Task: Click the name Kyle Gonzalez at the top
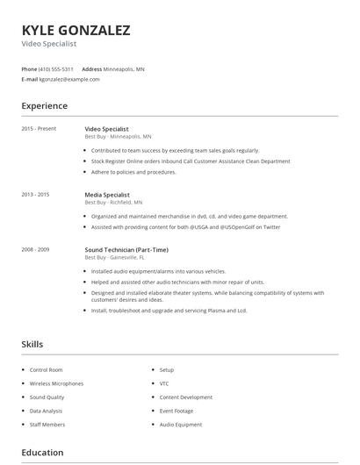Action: [x=76, y=31]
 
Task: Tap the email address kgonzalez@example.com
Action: [x=69, y=79]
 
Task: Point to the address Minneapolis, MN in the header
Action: [x=125, y=68]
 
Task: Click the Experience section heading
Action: [x=44, y=106]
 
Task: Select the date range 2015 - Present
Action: [x=39, y=129]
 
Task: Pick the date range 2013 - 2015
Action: [x=35, y=195]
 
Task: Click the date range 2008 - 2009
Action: [x=35, y=250]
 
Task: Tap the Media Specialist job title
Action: [x=107, y=195]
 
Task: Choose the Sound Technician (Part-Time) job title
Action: [x=126, y=250]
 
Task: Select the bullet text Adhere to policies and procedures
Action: [x=133, y=172]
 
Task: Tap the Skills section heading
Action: [x=32, y=345]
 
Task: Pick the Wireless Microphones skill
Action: [x=56, y=383]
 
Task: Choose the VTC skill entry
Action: [x=164, y=383]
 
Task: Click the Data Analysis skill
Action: [x=47, y=411]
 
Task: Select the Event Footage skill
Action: [x=177, y=411]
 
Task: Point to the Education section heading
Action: [x=42, y=453]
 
